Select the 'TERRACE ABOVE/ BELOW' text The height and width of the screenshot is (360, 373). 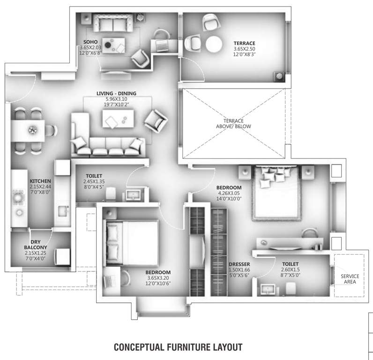(233, 123)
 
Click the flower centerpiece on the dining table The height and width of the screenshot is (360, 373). (32, 129)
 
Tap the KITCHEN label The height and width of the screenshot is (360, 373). (40, 180)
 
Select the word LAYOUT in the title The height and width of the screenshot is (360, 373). (227, 347)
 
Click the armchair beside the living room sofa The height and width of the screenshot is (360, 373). (155, 120)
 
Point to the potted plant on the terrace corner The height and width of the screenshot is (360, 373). (279, 75)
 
